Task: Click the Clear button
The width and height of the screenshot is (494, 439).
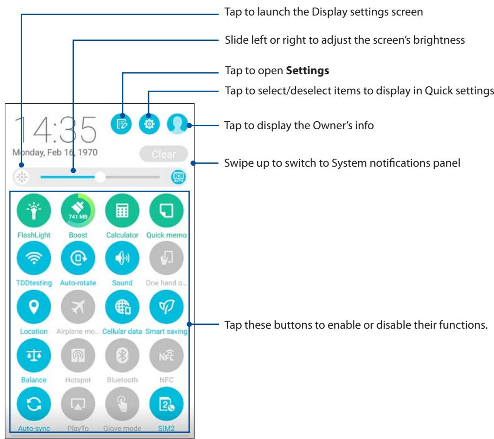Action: [163, 154]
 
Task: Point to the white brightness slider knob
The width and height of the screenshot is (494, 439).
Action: [100, 177]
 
